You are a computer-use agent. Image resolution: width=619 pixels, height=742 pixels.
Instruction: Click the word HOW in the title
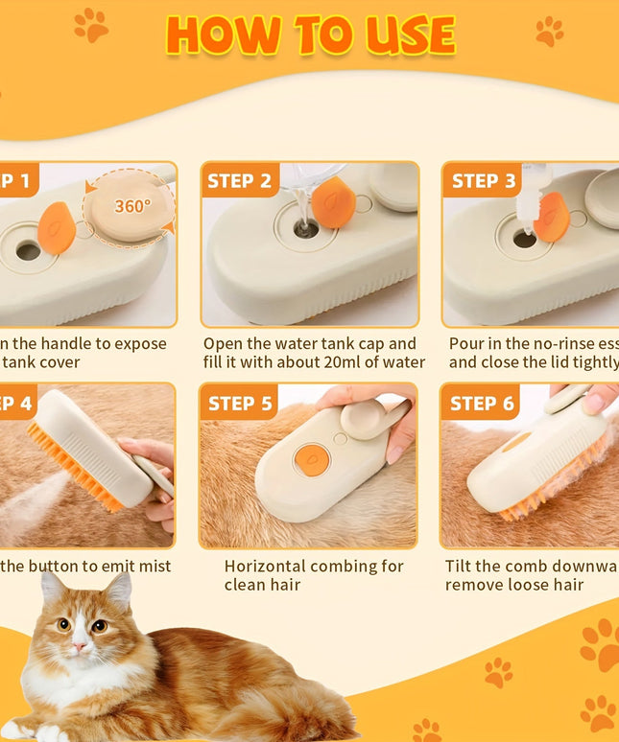point(220,35)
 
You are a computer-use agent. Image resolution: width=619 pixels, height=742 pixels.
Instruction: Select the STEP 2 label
point(245,180)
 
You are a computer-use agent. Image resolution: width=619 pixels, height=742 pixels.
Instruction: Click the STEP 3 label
point(483,180)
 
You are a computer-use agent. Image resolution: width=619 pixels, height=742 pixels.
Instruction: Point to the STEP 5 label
point(240,403)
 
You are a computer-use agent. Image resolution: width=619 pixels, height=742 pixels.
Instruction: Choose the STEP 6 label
point(483,403)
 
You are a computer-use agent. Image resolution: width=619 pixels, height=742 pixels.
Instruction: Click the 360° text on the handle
point(132,205)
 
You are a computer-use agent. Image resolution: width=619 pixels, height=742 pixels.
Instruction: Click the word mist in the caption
point(152,566)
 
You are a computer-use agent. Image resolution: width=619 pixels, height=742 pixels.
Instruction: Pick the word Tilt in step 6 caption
point(462,566)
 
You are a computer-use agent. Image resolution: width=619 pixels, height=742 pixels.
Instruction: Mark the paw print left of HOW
point(91,26)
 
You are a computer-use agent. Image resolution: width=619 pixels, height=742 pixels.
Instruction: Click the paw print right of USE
point(550,32)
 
